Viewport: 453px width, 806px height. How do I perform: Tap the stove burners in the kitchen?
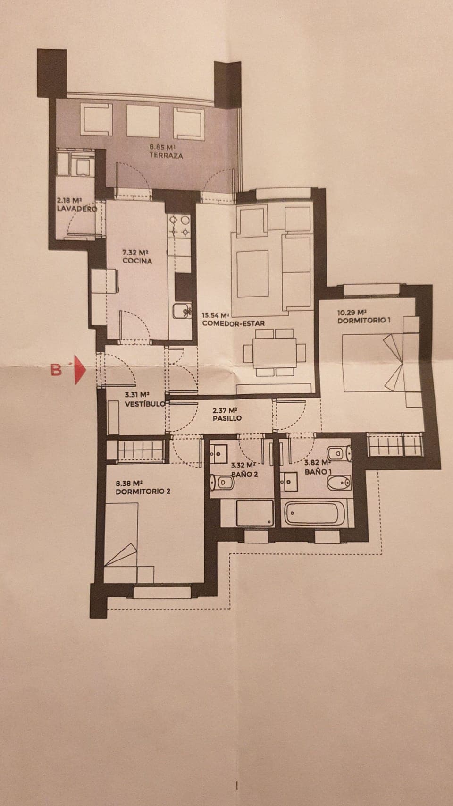click(180, 225)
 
